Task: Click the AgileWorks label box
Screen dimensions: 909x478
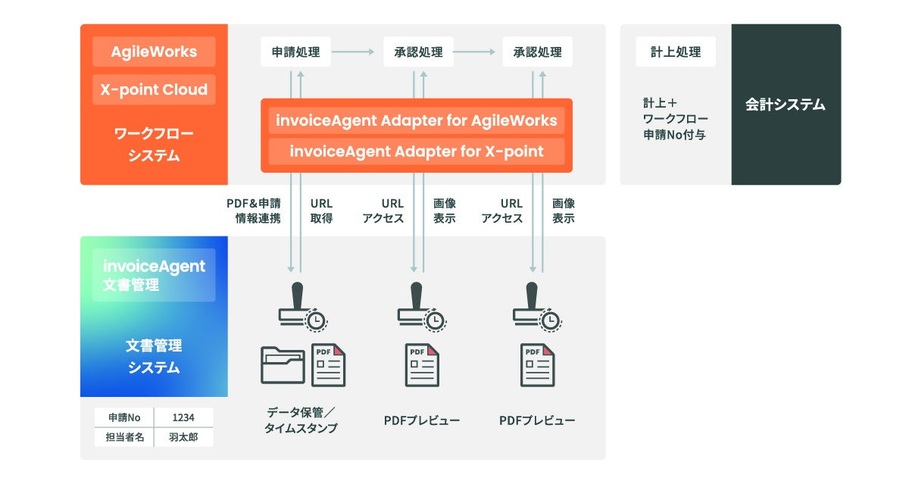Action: (x=154, y=52)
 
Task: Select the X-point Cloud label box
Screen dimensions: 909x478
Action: (x=154, y=89)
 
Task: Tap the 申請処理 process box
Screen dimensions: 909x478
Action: (x=295, y=52)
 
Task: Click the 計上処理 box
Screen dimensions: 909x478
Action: (x=676, y=52)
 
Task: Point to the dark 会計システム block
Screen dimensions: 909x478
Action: (x=786, y=105)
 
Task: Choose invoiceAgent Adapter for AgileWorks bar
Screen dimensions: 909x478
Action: (x=416, y=120)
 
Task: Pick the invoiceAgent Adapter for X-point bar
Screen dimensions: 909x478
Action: (x=416, y=152)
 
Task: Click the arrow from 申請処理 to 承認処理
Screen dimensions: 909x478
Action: (x=353, y=52)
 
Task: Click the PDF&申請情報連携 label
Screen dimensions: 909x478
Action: (x=253, y=211)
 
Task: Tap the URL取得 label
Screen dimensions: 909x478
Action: (x=321, y=211)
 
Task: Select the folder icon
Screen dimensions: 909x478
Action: (x=283, y=365)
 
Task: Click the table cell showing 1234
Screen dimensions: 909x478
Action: (x=183, y=417)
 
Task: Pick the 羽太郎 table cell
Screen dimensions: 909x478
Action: (x=183, y=437)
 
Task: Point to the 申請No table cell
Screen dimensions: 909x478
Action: (x=124, y=417)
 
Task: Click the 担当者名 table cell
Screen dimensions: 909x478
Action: (x=124, y=437)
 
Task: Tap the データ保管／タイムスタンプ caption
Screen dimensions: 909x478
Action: (x=301, y=420)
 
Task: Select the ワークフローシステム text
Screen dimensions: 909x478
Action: (x=154, y=145)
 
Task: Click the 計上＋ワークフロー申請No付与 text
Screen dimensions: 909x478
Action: (x=676, y=120)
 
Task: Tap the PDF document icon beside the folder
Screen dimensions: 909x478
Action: (x=329, y=365)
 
